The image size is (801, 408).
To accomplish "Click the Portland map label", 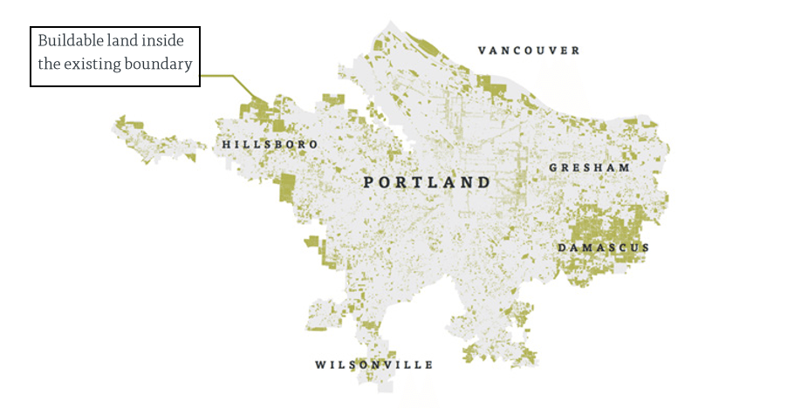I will coord(427,182).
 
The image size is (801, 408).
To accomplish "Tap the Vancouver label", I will coord(529,51).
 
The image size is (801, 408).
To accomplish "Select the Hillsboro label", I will coord(270,144).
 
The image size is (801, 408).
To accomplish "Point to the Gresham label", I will coord(589,167).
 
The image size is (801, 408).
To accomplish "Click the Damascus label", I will coord(604,248).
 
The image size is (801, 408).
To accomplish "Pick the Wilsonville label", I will coord(374,364).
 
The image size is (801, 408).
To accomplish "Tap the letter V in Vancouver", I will coord(483,51).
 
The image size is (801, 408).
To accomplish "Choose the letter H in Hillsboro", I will coord(227,144).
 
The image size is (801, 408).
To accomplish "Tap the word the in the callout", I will coord(49,64).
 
